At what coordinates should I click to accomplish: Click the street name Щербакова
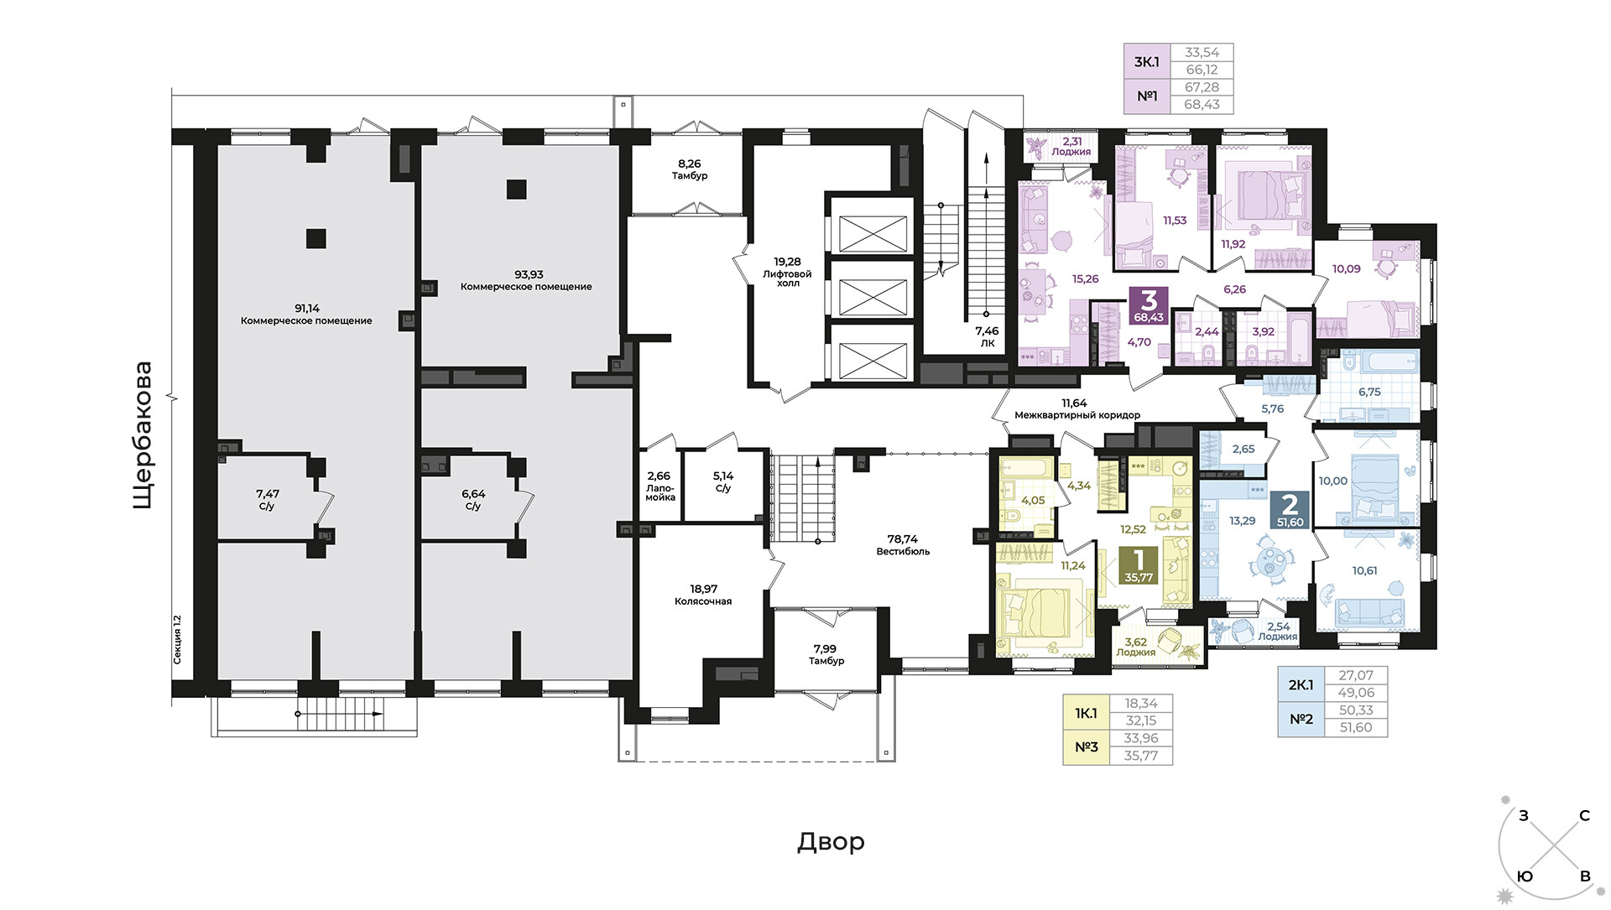(x=143, y=434)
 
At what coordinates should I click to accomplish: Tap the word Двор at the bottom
(x=831, y=841)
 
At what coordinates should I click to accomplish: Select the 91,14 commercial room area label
(x=306, y=315)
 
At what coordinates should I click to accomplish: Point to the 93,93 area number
(x=529, y=274)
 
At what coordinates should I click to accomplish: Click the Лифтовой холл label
(x=787, y=278)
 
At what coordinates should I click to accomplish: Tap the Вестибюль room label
(x=903, y=551)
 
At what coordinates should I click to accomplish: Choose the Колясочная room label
(x=703, y=601)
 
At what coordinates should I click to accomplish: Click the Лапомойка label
(x=660, y=492)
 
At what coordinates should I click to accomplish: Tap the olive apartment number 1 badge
(x=1139, y=565)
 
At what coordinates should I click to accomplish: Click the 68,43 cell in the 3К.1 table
(x=1202, y=105)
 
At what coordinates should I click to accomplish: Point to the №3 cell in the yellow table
(x=1087, y=747)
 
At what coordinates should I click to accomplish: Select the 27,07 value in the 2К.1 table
(x=1356, y=675)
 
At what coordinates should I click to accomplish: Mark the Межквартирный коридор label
(x=1077, y=415)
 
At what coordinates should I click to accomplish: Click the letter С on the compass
(x=1584, y=815)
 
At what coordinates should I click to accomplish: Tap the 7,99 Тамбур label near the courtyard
(x=826, y=654)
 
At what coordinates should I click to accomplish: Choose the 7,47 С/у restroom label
(x=267, y=500)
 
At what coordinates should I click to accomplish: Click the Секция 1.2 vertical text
(x=177, y=640)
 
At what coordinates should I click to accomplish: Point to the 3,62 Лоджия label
(x=1135, y=647)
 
